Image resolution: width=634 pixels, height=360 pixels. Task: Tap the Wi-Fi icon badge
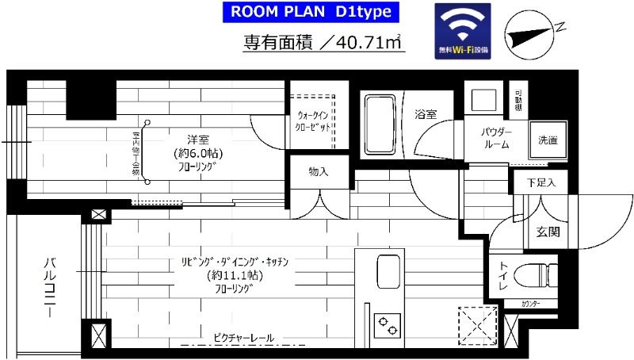click(463, 31)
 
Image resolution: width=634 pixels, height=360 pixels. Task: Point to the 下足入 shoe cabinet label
click(540, 182)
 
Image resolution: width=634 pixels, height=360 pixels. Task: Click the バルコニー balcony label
click(49, 286)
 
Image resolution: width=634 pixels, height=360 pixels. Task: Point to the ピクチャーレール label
click(243, 339)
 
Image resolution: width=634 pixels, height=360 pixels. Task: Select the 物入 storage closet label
click(319, 171)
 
